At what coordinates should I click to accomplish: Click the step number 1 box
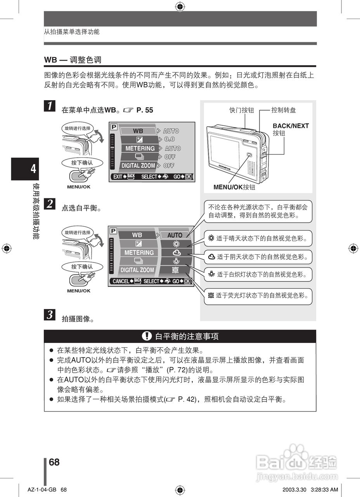[x=50, y=106]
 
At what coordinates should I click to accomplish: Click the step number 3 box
[x=50, y=315]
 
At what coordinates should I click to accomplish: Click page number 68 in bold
[x=54, y=462]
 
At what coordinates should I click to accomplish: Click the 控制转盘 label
[x=284, y=110]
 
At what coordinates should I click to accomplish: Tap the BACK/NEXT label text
[x=291, y=126]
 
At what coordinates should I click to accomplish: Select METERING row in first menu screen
[x=140, y=148]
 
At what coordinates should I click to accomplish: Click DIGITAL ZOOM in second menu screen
[x=137, y=270]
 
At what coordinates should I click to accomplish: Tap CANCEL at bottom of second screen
[x=121, y=281]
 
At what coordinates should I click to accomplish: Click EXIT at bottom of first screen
[x=118, y=177]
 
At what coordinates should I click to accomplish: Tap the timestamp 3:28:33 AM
[x=325, y=490]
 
